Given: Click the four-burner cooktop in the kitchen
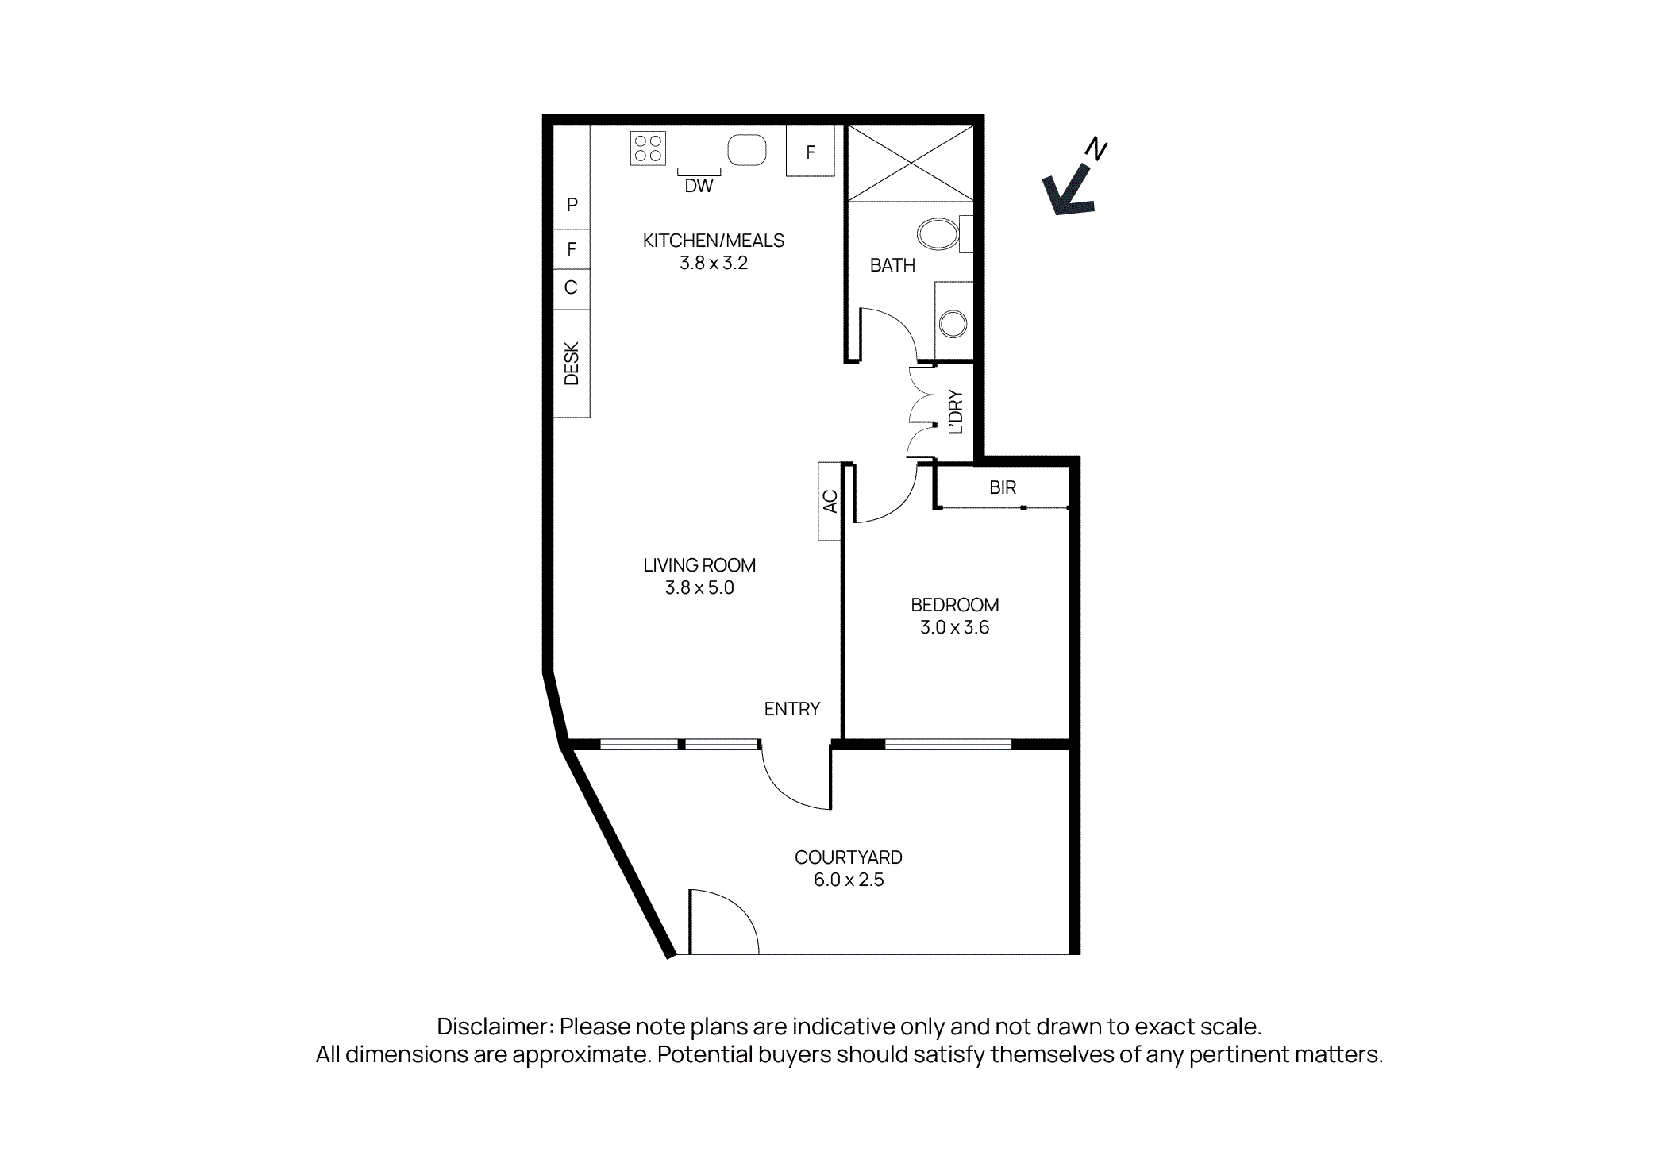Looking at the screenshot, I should [648, 148].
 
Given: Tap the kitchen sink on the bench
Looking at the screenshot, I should [746, 149].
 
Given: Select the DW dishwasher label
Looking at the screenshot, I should [699, 186].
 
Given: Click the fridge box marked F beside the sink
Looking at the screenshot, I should [810, 152].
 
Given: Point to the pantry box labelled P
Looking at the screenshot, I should [572, 205].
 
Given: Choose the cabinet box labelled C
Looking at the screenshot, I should [571, 287].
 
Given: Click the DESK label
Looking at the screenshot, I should [572, 364].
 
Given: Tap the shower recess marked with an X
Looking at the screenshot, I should [911, 164].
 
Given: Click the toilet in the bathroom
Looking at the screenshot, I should [941, 234].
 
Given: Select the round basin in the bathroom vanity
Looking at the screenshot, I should [953, 324].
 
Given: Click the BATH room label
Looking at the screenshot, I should [892, 265].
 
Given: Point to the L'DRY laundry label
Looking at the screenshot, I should [956, 411].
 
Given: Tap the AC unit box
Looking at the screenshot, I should [830, 501].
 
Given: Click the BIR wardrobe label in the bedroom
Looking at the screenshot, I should [1003, 487].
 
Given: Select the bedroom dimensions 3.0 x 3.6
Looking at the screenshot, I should [954, 627].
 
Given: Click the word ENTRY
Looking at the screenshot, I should [791, 709].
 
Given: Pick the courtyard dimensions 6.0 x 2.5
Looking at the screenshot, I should [848, 880].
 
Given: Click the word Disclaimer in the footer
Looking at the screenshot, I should [494, 1027].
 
